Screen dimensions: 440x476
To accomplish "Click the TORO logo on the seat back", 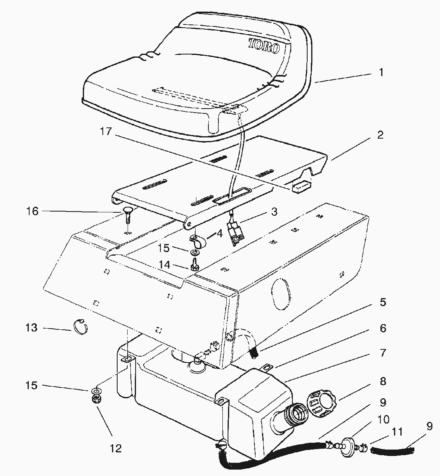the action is [264, 46].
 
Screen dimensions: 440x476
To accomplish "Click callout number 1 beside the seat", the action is [381, 73].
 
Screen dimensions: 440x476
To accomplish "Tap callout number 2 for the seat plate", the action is [380, 135].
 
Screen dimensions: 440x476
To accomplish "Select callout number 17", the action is [106, 131].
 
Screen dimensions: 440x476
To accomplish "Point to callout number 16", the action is [32, 211].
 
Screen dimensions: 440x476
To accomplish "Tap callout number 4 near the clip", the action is [220, 234].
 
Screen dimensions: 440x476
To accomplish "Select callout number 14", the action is [164, 265].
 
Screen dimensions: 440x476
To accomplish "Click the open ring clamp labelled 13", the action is [81, 327].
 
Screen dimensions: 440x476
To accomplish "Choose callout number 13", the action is [31, 328].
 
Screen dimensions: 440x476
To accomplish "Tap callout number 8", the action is [383, 381].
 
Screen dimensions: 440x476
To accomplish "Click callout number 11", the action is [397, 432].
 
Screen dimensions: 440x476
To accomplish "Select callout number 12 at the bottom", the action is [116, 448].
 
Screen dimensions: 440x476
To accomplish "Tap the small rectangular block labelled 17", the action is [301, 186].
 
